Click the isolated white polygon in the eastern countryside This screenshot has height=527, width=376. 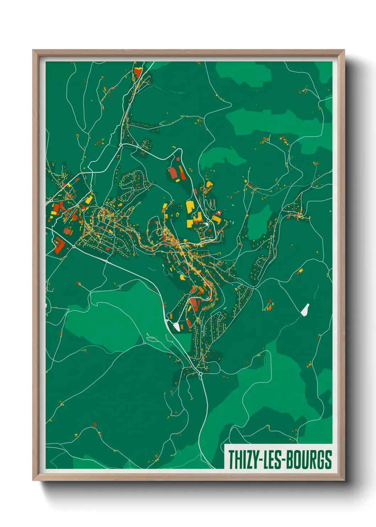click(305, 309)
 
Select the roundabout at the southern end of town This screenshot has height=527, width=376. click(200, 374)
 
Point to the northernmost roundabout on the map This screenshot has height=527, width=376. click(121, 145)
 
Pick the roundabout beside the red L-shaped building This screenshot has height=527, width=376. click(74, 246)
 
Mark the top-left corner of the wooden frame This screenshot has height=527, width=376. click(33, 51)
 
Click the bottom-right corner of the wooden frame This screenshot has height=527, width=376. click(344, 480)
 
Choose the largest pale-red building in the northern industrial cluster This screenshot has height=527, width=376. click(173, 173)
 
